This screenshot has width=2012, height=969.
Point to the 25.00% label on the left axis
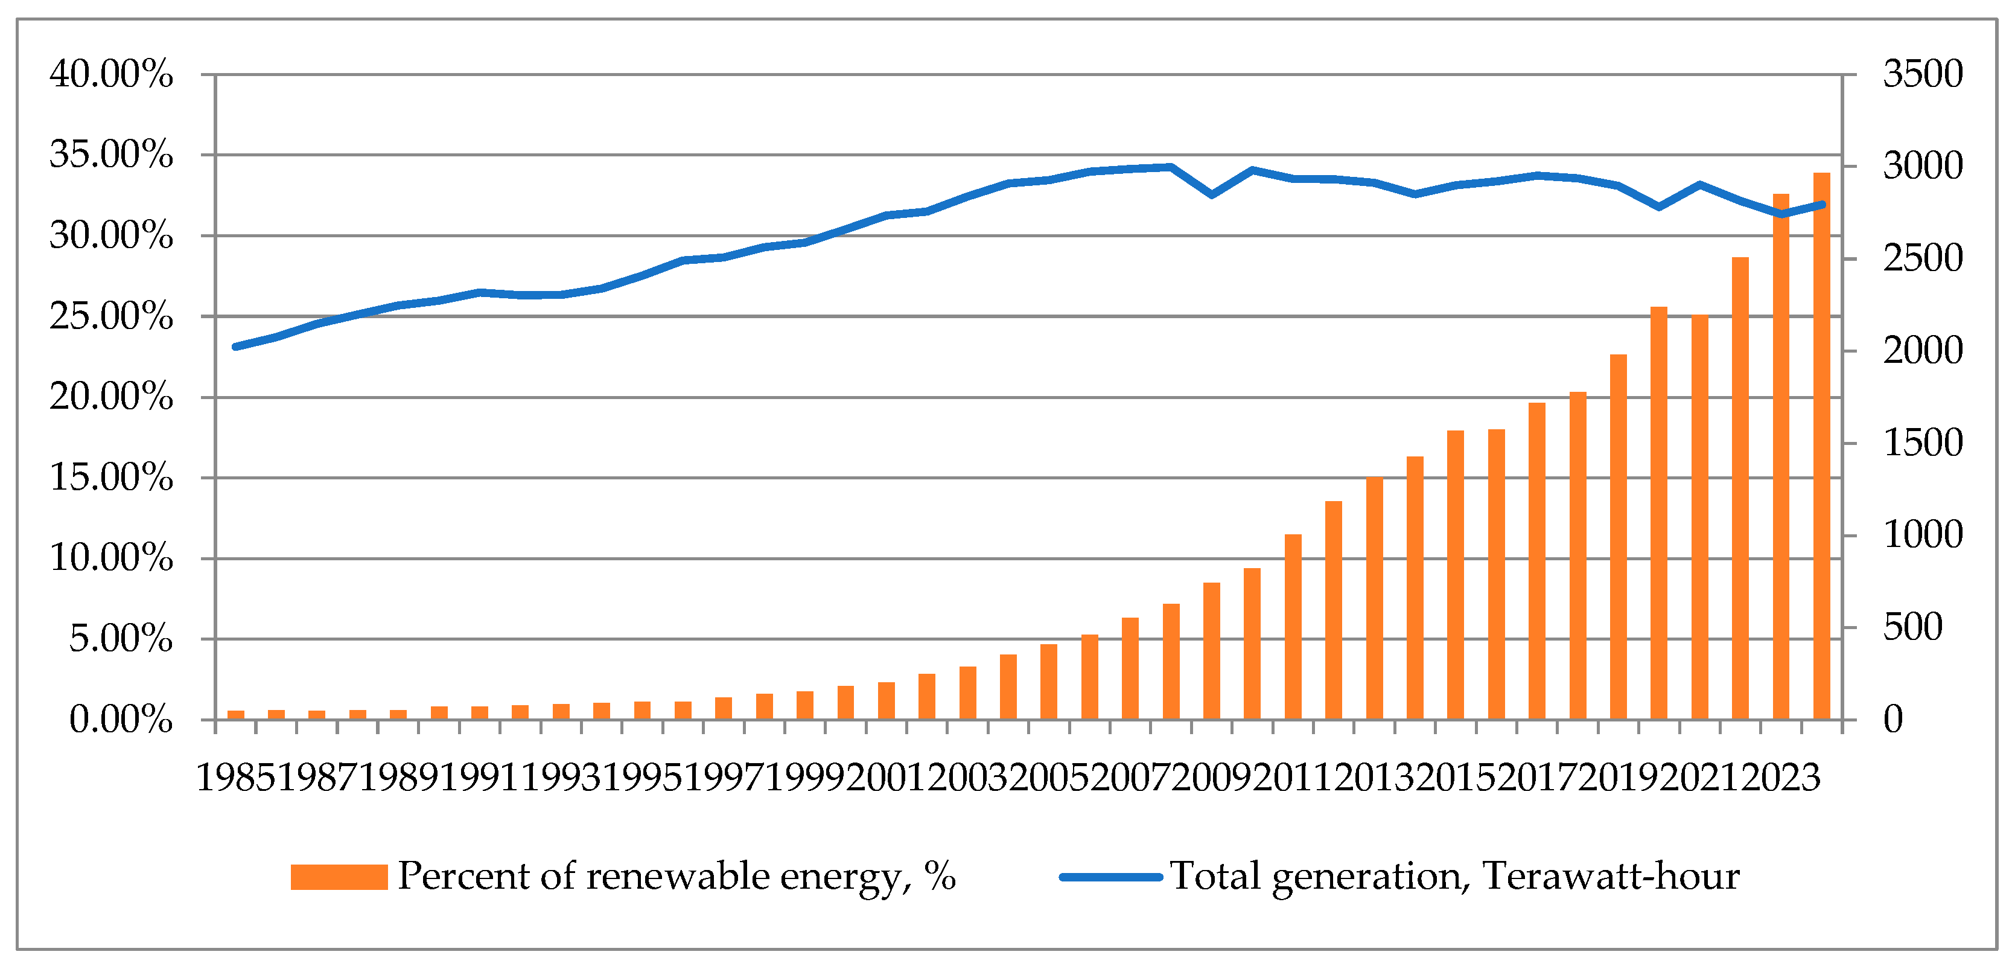click(x=111, y=316)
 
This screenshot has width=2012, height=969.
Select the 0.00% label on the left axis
click(x=121, y=720)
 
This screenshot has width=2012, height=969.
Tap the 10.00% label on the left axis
click(x=111, y=558)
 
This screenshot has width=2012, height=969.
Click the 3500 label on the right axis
click(x=1922, y=74)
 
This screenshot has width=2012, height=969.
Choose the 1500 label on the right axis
click(x=1922, y=443)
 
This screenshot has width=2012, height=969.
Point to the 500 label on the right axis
click(x=1912, y=627)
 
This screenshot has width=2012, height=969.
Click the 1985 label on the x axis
click(x=235, y=778)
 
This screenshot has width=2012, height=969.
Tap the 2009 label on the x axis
click(x=1211, y=778)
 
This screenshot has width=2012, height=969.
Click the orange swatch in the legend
click(x=339, y=877)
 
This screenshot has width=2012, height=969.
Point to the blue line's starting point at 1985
click(x=236, y=346)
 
